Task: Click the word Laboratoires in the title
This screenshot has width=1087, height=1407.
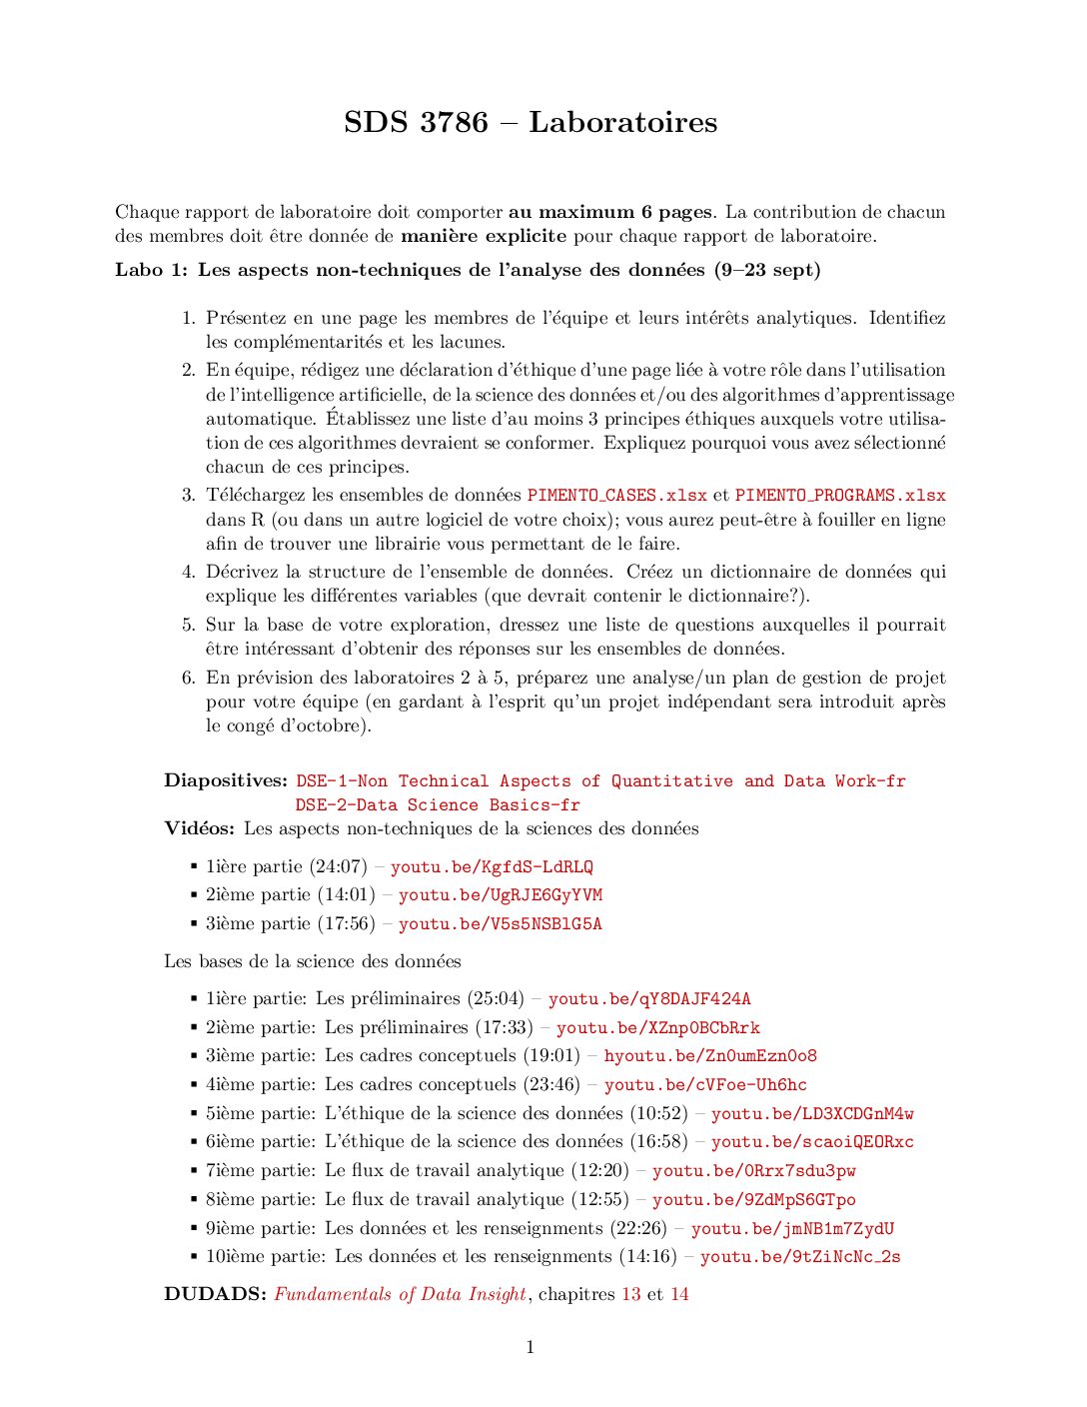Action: tap(622, 122)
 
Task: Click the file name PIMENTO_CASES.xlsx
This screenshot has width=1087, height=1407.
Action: tap(616, 496)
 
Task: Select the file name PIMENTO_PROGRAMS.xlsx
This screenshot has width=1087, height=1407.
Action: tap(839, 496)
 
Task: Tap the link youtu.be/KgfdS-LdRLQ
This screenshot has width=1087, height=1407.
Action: tap(492, 867)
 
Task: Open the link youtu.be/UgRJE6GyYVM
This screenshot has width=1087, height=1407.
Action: tap(500, 895)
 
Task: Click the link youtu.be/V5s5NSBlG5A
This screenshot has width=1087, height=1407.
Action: tap(500, 924)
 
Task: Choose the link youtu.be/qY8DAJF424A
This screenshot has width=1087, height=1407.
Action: tap(649, 999)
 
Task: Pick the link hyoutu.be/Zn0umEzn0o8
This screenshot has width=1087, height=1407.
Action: tap(710, 1056)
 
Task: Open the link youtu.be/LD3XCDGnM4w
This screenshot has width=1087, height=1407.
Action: tap(812, 1113)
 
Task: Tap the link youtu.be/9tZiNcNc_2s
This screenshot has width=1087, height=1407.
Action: tap(800, 1257)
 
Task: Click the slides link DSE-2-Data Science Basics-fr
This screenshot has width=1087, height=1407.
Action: tap(437, 805)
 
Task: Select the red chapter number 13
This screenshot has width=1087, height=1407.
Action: tap(631, 1295)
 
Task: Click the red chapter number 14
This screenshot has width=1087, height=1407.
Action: tap(679, 1295)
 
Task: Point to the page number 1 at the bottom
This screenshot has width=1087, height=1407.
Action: tap(530, 1348)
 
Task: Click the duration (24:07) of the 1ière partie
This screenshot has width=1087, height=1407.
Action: tap(339, 867)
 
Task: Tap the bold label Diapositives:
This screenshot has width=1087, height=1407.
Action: tap(226, 781)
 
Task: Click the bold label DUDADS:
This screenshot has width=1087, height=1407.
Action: tap(215, 1295)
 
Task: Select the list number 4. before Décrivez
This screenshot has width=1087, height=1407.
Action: tap(188, 573)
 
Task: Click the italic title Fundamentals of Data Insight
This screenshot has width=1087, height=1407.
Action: tap(400, 1295)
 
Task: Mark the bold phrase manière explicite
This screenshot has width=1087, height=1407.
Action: tap(484, 237)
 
